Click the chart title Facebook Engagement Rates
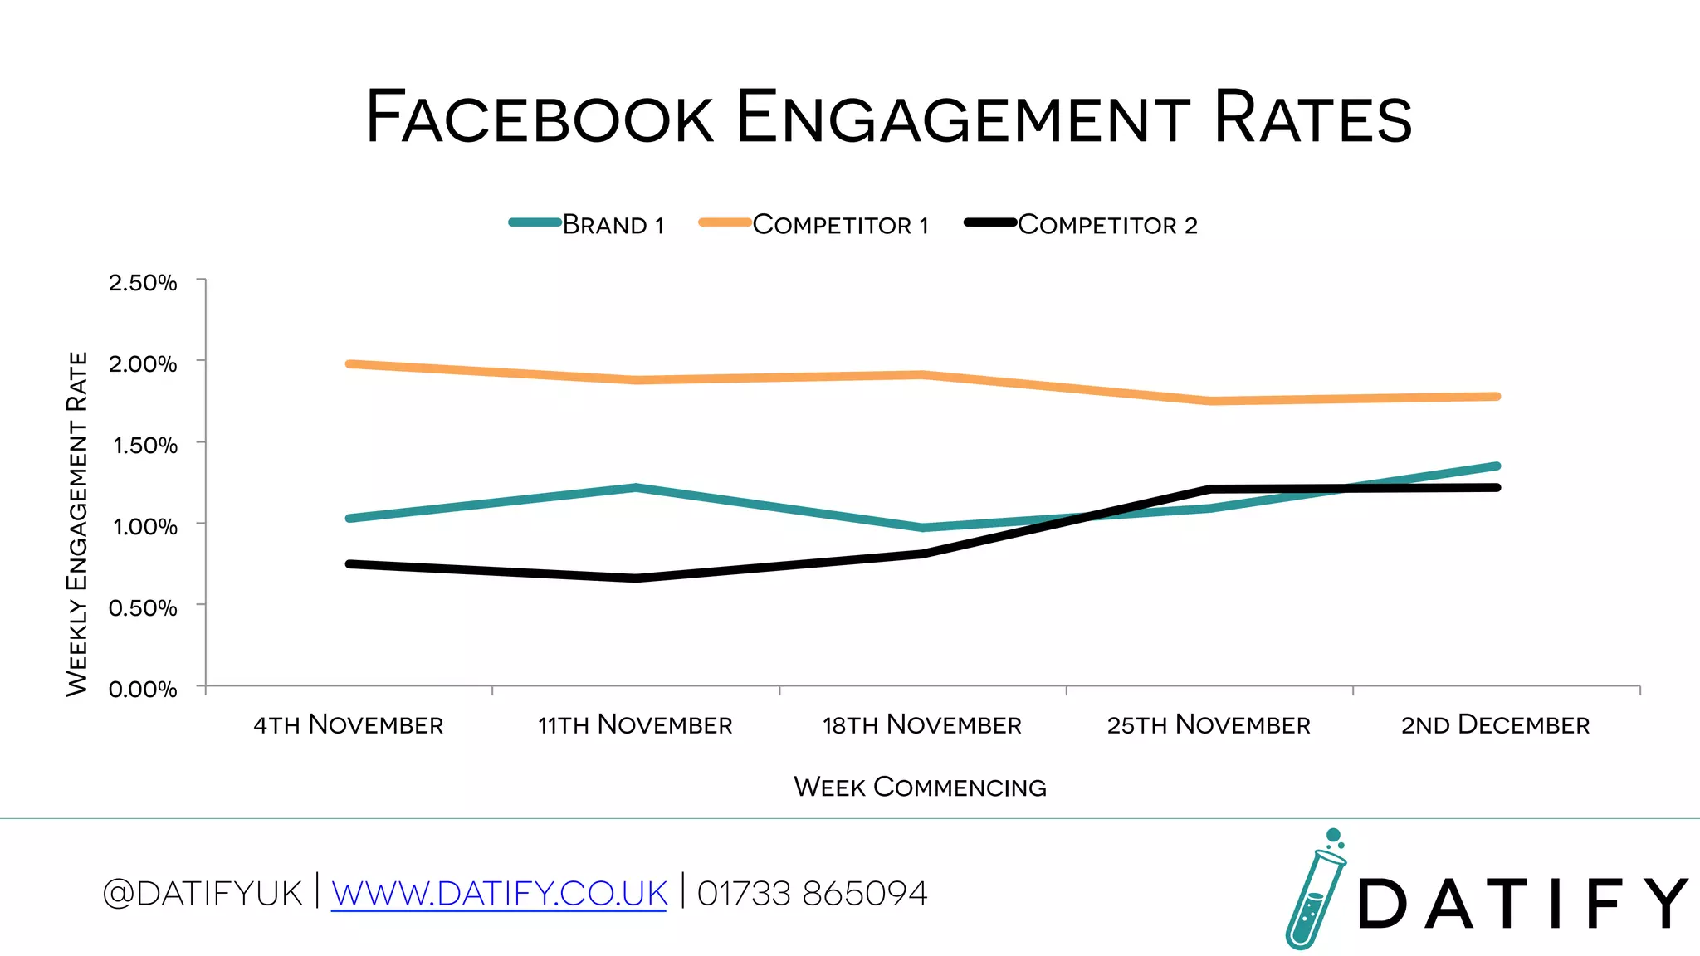click(x=888, y=118)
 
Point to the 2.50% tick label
click(x=143, y=283)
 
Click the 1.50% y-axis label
click(x=144, y=446)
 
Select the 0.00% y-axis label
click(x=143, y=690)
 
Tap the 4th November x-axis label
click(x=349, y=725)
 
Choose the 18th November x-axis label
click(x=922, y=725)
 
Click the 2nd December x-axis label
click(x=1496, y=725)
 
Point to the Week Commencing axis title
click(x=920, y=787)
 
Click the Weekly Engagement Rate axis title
click(x=77, y=524)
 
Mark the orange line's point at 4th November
click(x=349, y=364)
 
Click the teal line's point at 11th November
click(x=636, y=487)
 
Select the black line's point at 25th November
click(x=1209, y=490)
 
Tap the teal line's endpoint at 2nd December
click(x=1496, y=466)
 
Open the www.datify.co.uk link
click(x=499, y=894)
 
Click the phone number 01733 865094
click(x=812, y=894)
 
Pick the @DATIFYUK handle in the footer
click(x=203, y=894)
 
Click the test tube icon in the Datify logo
click(x=1314, y=892)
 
